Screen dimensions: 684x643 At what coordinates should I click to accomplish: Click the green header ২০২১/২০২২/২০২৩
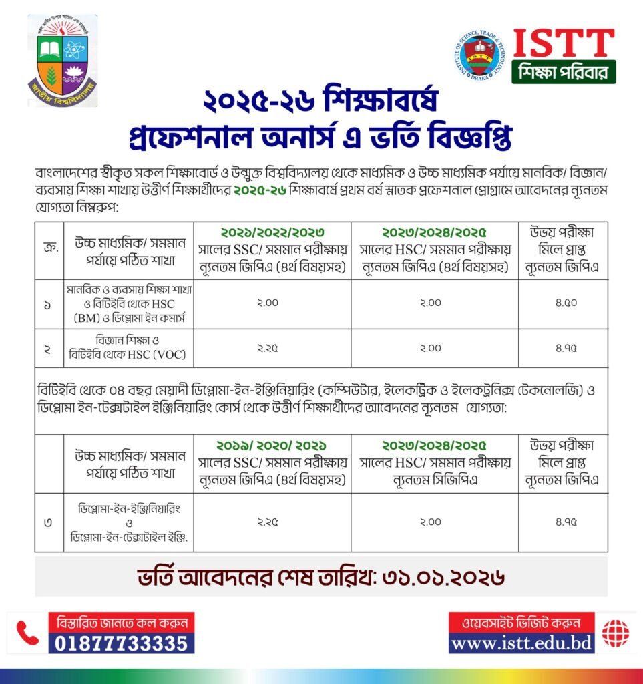click(272, 233)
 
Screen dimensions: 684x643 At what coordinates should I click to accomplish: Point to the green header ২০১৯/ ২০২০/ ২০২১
click(272, 445)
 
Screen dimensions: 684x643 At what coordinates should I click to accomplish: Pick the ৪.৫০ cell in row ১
click(563, 303)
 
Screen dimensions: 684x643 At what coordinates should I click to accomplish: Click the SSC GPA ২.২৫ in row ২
click(272, 348)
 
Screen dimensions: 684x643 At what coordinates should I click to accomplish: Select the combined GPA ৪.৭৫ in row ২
click(563, 348)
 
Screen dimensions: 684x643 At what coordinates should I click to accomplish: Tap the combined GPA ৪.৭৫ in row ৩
click(563, 522)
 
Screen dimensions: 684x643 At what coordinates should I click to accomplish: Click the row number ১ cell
click(47, 304)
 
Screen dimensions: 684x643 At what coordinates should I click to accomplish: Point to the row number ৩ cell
click(47, 522)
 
